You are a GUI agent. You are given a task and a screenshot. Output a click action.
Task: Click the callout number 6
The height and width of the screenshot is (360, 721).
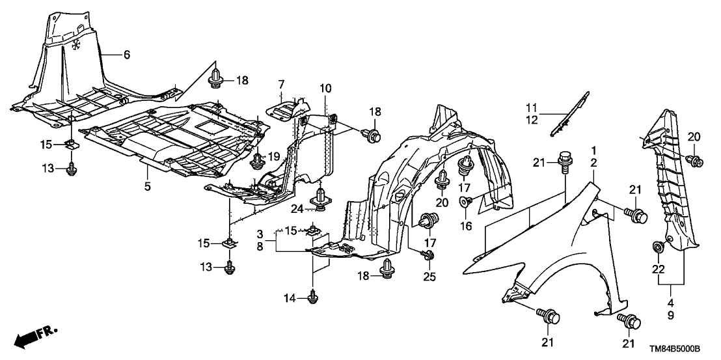[x=127, y=55]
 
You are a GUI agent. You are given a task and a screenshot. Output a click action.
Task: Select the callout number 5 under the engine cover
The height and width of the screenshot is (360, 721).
[x=148, y=187]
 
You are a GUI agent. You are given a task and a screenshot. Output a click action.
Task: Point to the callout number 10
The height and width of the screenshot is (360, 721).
[x=325, y=88]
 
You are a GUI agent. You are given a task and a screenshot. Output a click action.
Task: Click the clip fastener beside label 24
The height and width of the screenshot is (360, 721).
[x=321, y=199]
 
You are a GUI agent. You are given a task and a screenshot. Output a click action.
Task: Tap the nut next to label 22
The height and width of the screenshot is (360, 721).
[x=659, y=247]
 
